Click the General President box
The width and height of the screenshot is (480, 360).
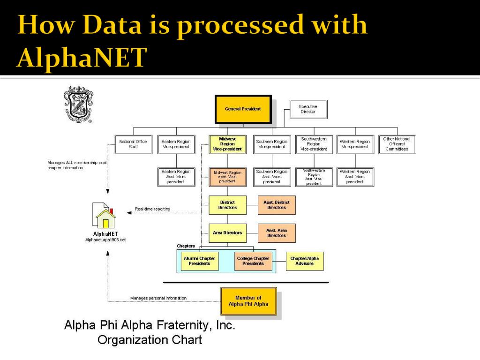(243, 109)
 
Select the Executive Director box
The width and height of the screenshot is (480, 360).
(308, 109)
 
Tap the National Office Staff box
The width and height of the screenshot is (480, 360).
(133, 144)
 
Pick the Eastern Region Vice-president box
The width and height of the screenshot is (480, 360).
(176, 144)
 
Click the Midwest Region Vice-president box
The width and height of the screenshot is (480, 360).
(227, 144)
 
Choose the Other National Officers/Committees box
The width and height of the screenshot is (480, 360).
(397, 144)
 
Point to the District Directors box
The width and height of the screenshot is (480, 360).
(227, 205)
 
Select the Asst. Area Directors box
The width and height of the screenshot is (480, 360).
(277, 233)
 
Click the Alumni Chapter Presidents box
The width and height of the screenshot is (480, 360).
(200, 261)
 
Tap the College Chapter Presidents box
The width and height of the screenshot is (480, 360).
(253, 261)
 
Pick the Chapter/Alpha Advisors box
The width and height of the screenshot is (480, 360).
(305, 261)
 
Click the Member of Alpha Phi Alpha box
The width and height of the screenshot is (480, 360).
(248, 301)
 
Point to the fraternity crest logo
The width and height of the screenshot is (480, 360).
(77, 104)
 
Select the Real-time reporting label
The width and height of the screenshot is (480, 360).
(153, 209)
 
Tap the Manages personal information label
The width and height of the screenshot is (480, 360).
(158, 298)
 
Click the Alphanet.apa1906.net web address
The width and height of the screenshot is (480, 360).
(105, 240)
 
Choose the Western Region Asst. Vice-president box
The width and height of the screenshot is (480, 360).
(355, 177)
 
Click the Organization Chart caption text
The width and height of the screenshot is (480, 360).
(150, 339)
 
